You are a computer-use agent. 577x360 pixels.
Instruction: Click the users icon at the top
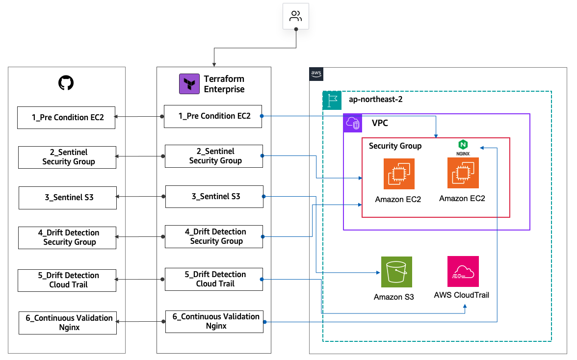[295, 17]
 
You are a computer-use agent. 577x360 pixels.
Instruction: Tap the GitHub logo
[66, 83]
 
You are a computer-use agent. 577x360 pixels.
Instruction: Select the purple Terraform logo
[189, 84]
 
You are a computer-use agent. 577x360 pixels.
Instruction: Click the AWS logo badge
[316, 74]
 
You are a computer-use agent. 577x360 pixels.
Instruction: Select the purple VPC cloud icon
[352, 123]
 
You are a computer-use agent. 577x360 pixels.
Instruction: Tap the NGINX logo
[463, 147]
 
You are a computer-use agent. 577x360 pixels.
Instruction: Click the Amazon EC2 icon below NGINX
[463, 173]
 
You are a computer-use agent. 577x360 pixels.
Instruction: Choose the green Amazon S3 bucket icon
[396, 272]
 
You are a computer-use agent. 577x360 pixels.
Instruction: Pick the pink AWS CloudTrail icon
[463, 271]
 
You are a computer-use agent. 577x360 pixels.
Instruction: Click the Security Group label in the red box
[395, 146]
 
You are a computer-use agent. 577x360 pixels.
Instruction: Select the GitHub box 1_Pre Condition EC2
[66, 118]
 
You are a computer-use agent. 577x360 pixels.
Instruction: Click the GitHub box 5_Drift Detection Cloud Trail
[67, 280]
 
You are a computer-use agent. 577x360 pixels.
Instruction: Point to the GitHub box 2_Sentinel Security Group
[67, 157]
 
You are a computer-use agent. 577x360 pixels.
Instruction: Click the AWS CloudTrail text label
[462, 295]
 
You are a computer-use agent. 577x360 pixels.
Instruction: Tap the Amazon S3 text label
[394, 297]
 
